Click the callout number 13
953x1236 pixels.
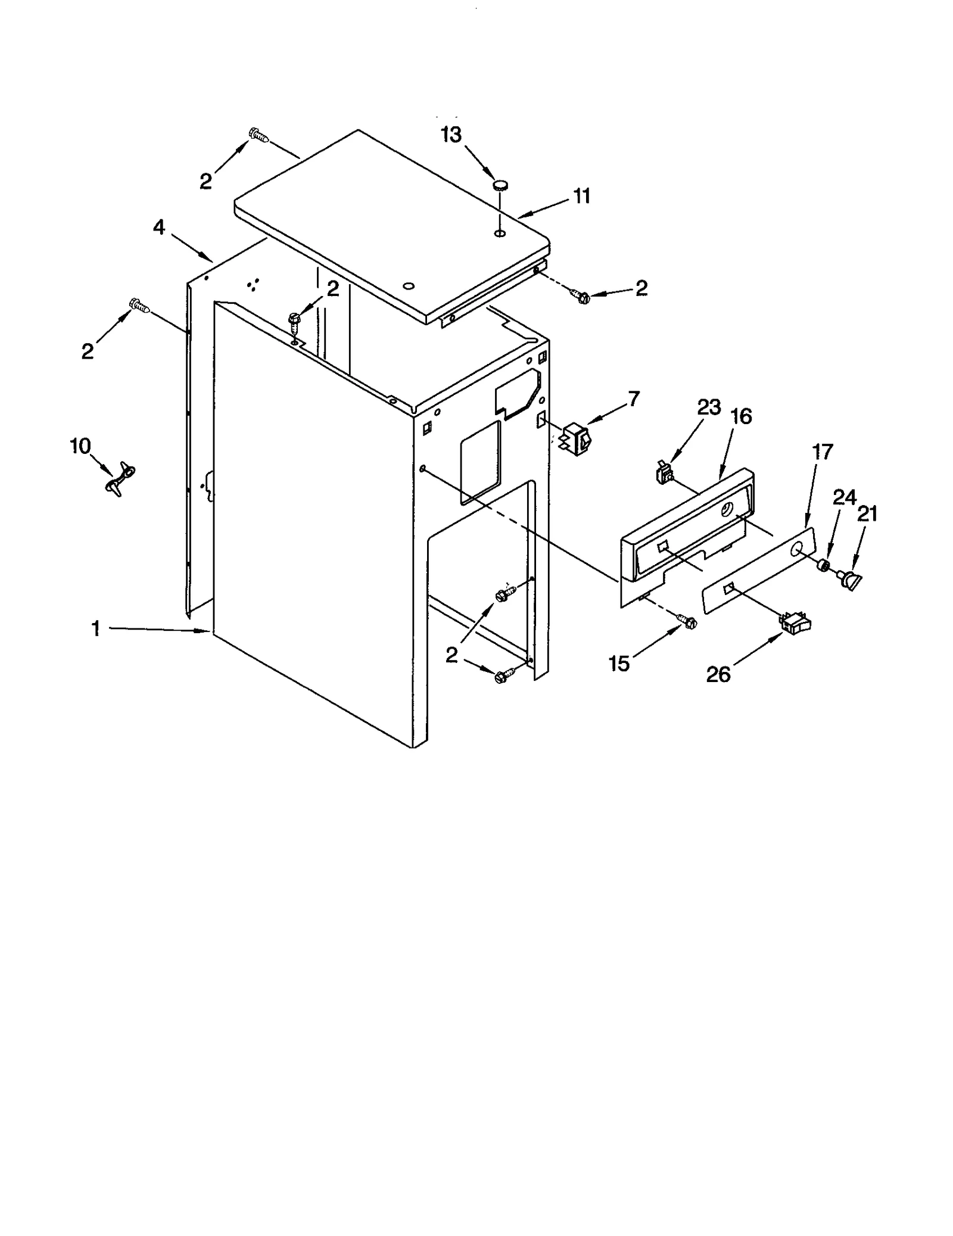coord(451,135)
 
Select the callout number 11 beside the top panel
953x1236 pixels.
coord(581,195)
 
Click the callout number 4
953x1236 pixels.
coord(159,227)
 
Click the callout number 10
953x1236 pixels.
coord(80,446)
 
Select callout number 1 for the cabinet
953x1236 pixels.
coord(95,628)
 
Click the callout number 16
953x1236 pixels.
coord(741,416)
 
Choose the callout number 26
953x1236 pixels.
coord(718,674)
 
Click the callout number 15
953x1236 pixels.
coord(619,664)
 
